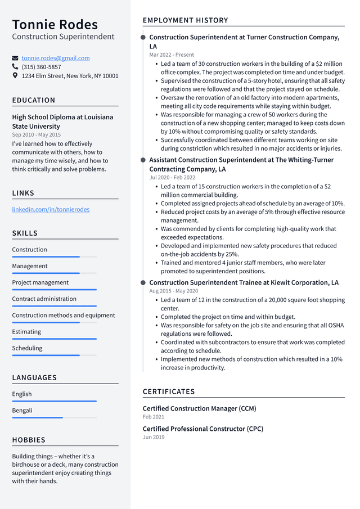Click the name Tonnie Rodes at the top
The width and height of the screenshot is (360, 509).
pos(55,24)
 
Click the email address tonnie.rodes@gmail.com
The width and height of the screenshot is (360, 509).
pos(56,58)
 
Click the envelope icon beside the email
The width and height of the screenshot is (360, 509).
pos(15,58)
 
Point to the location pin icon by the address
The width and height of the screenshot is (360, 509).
pos(15,75)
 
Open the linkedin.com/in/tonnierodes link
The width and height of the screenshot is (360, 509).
pos(51,209)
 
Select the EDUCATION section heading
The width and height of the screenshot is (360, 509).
pos(34,100)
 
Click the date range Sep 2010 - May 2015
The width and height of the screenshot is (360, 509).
pos(36,135)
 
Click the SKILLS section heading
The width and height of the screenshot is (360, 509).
pos(25,233)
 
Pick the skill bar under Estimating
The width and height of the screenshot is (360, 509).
pos(54,339)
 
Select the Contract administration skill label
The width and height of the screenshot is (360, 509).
pos(44,299)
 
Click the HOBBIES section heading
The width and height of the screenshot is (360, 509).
pos(29,440)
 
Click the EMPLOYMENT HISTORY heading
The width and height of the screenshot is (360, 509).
pos(185,20)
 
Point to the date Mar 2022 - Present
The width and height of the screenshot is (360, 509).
pos(172,55)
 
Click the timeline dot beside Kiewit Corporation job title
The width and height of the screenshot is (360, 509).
pos(143,282)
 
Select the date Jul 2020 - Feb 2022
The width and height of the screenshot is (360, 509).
pos(173,177)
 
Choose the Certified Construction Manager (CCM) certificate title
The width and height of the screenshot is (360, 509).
pos(199,408)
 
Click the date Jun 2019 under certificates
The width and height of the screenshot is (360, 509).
pos(154,437)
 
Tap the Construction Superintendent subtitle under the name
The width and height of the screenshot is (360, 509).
pos(63,37)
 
